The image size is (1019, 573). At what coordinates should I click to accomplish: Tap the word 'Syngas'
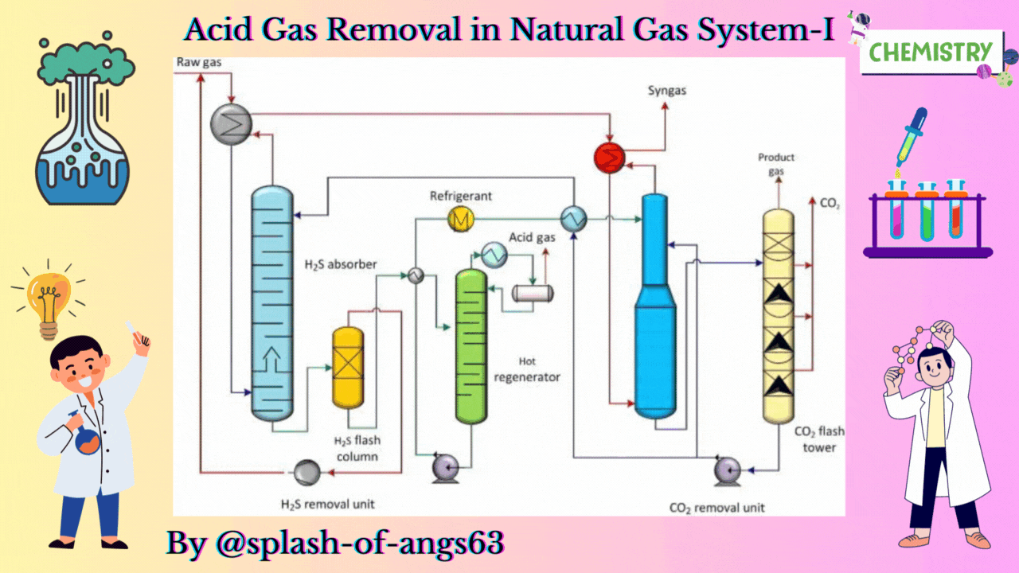[667, 91]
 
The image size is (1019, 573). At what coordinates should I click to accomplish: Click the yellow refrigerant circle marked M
[461, 218]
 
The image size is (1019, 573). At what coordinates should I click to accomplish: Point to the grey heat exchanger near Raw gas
[231, 123]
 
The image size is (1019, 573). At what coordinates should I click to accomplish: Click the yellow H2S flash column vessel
[347, 367]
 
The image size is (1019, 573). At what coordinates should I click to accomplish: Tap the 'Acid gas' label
[532, 236]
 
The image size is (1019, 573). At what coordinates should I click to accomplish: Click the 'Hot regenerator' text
[527, 369]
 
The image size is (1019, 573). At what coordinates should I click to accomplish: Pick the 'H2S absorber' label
[340, 263]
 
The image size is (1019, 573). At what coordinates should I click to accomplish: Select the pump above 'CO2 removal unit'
[727, 470]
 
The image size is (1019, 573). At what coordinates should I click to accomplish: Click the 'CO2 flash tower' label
[819, 439]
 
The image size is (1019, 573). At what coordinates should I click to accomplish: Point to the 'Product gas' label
[776, 164]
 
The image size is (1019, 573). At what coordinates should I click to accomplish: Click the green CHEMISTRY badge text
[931, 53]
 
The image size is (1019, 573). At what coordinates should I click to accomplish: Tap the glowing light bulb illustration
[48, 298]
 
